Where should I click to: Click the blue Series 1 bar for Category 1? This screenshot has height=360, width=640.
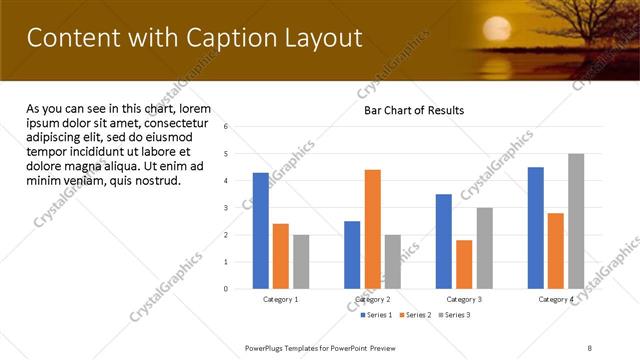260,231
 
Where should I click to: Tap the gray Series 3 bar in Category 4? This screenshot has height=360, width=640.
576,221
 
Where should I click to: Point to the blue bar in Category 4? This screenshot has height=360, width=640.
536,228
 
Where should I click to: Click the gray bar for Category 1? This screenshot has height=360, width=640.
301,262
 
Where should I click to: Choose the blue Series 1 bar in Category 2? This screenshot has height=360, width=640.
352,255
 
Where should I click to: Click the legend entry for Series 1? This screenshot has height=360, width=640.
376,315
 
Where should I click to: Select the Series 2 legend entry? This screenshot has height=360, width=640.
415,315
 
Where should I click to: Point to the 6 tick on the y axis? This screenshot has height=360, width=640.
226,127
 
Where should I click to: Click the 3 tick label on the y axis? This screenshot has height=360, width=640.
226,208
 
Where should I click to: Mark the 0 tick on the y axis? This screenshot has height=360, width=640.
226,289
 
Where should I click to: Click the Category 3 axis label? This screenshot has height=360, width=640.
464,299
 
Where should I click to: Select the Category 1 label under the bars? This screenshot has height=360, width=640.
280,299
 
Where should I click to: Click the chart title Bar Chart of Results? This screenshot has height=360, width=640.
413,110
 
